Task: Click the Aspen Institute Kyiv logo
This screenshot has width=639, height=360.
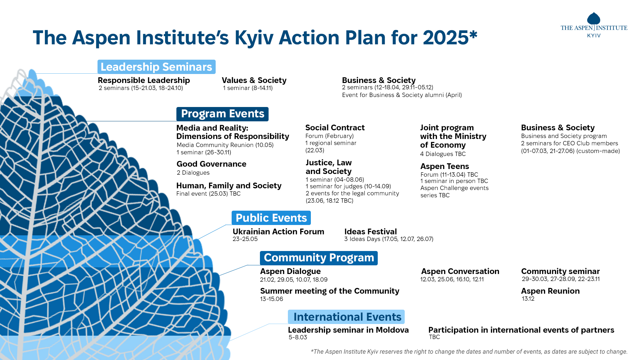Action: coord(594,25)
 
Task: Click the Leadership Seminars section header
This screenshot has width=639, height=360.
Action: coord(156,67)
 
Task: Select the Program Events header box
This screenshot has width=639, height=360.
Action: coord(222,114)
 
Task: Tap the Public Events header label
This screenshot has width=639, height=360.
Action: coord(271,218)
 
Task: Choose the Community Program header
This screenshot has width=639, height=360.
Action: coord(319,258)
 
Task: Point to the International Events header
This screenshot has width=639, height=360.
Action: coord(346,317)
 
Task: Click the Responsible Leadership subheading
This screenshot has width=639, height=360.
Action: coord(144,80)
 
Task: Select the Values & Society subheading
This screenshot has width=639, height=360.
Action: coord(254,80)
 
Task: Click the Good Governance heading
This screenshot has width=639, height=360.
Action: coord(211,164)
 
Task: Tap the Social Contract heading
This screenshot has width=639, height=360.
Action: coord(335,128)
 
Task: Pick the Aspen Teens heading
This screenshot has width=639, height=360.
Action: coord(445,166)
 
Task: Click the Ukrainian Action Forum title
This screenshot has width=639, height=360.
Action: coord(278,232)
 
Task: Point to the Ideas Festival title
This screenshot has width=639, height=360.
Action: coord(370,232)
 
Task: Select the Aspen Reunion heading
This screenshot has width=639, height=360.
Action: coord(550,291)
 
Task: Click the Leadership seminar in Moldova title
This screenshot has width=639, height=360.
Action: coord(348,330)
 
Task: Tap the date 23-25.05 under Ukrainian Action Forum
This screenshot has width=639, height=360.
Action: coord(245,239)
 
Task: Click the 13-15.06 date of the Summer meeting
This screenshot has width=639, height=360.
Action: coord(272,299)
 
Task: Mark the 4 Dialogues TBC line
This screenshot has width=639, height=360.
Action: coord(443,154)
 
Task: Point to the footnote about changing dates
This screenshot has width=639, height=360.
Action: coord(469,352)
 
